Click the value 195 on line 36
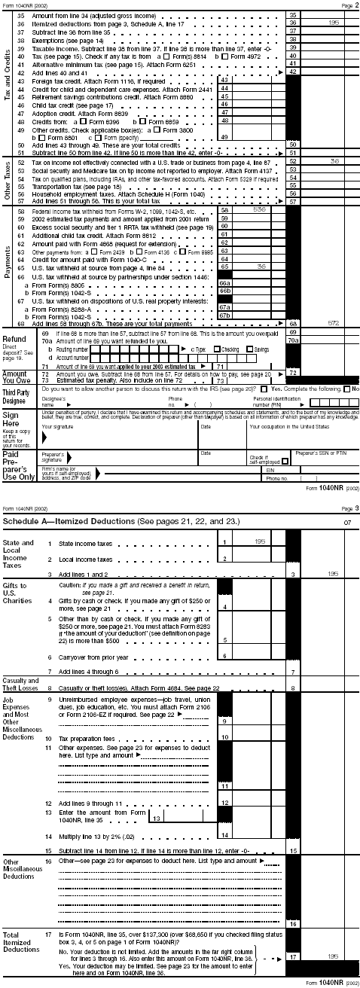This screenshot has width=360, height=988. pos(334,23)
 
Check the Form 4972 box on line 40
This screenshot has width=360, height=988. pos(218,56)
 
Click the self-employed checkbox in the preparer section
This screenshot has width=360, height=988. pos(253,461)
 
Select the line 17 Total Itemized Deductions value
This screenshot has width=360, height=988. pos(334,956)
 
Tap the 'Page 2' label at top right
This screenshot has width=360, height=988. pos(349,5)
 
